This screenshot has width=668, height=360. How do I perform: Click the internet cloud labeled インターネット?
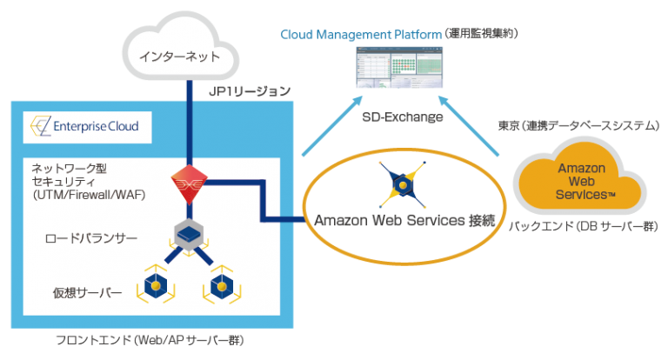pos(179,56)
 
